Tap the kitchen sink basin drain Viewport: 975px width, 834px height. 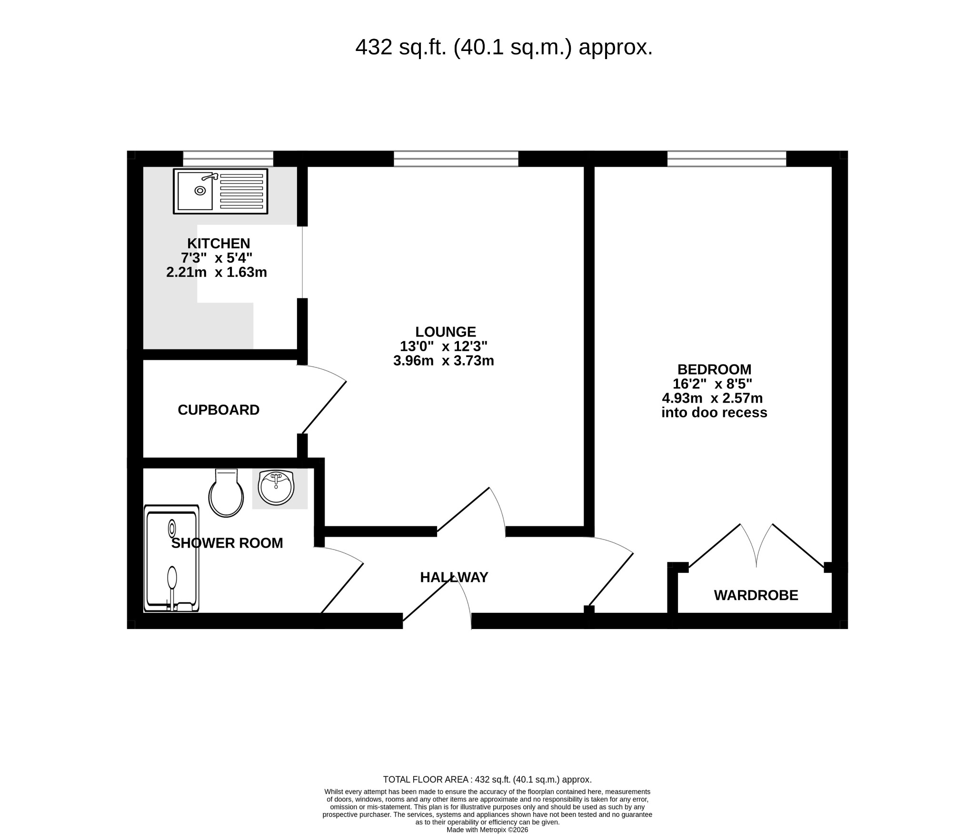click(x=200, y=191)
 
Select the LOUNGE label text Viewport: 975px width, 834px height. click(x=446, y=332)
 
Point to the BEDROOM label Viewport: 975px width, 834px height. click(x=714, y=369)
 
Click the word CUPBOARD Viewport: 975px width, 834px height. click(x=219, y=410)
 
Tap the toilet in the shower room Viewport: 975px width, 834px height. click(x=226, y=493)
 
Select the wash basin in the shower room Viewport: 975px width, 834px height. click(x=276, y=488)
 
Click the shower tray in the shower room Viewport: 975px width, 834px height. click(x=171, y=558)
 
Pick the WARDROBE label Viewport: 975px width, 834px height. click(x=756, y=595)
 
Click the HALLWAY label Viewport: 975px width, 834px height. click(x=454, y=577)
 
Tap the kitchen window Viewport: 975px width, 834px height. click(x=228, y=159)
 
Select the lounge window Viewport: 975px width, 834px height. click(x=456, y=159)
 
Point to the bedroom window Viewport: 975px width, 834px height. click(x=726, y=159)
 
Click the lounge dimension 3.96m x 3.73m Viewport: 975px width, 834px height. click(x=444, y=361)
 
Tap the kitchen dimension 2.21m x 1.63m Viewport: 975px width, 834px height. click(x=217, y=272)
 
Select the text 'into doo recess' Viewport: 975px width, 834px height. click(x=714, y=412)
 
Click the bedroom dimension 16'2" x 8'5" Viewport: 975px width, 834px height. click(x=713, y=384)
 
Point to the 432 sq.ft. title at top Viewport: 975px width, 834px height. click(x=504, y=47)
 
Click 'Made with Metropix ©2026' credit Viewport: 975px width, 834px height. click(x=487, y=830)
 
